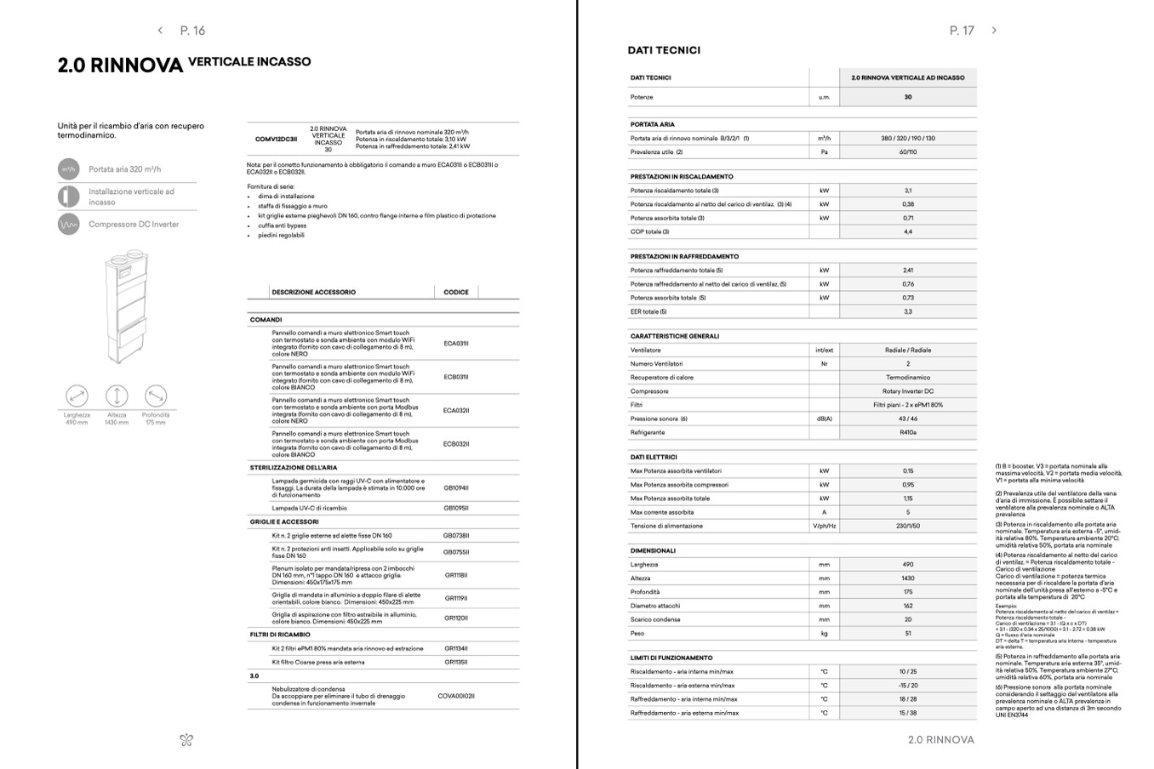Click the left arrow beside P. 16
click(160, 31)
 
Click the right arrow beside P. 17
click(994, 31)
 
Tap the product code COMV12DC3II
click(276, 139)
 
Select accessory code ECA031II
click(456, 344)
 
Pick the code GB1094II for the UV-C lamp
click(456, 488)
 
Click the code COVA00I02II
click(456, 696)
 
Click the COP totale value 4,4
click(908, 232)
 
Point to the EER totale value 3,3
click(908, 312)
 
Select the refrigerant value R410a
click(908, 433)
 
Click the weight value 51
click(908, 634)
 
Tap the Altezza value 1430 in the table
click(908, 578)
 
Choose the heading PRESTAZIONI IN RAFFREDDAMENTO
click(684, 256)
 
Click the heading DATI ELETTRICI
click(654, 457)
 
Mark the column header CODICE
click(456, 292)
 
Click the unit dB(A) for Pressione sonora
click(824, 419)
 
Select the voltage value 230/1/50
click(908, 527)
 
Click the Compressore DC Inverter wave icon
click(68, 225)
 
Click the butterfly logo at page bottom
click(187, 740)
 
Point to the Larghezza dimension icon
click(77, 396)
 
